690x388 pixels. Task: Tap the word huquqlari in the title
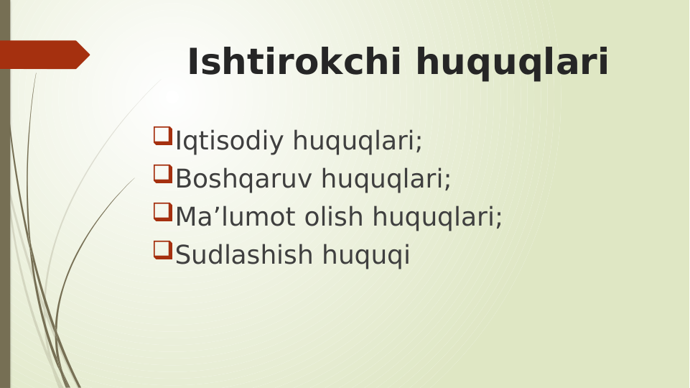512,64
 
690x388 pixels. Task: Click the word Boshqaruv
244,179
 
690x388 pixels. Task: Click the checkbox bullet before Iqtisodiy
162,135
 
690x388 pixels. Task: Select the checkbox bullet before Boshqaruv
162,173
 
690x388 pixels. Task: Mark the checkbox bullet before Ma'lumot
162,211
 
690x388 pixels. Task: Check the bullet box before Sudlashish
162,249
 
